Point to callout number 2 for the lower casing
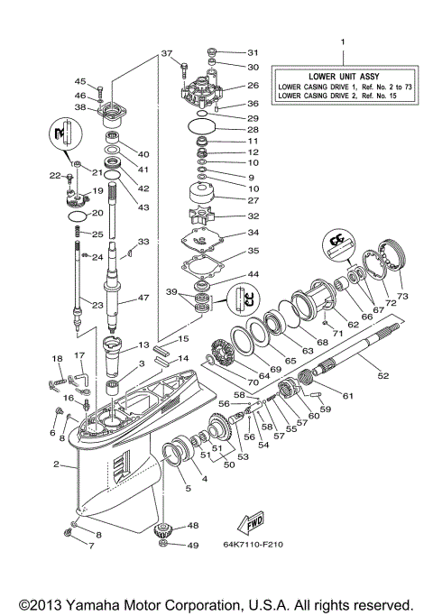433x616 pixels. pyautogui.click(x=57, y=465)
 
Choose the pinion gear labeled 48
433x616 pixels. pyautogui.click(x=164, y=528)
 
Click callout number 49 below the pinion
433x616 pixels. pyautogui.click(x=192, y=545)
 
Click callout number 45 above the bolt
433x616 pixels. pyautogui.click(x=79, y=81)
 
